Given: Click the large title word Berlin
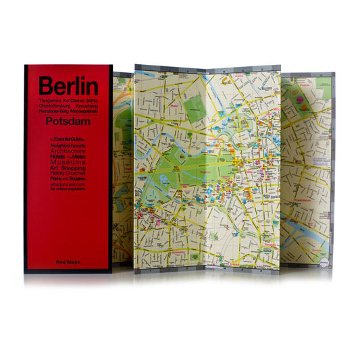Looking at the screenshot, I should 68,86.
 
